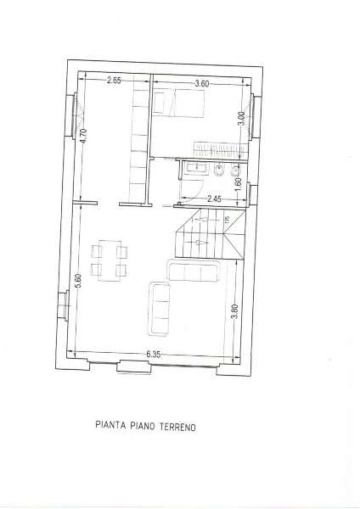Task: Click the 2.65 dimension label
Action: pos(115,81)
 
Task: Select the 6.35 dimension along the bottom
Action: pos(154,354)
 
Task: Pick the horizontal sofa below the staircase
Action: pos(196,271)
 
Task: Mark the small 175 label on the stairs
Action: pos(227,221)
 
